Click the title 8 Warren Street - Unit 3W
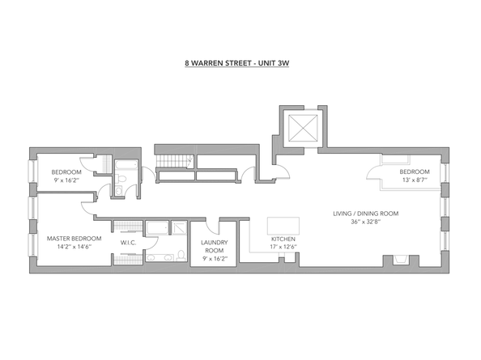click(236, 63)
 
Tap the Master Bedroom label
click(74, 239)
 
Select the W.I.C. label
click(128, 243)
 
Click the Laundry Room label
click(214, 246)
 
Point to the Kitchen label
click(283, 239)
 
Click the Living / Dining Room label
click(366, 214)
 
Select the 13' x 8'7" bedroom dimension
click(415, 180)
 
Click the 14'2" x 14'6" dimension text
click(74, 247)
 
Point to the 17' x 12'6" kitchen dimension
click(283, 247)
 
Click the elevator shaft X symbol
click(303, 129)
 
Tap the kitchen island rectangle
click(283, 226)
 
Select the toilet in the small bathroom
click(121, 179)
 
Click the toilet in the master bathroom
click(181, 256)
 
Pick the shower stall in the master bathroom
click(179, 228)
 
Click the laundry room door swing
click(212, 227)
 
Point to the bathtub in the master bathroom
click(157, 228)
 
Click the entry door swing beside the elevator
click(283, 172)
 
